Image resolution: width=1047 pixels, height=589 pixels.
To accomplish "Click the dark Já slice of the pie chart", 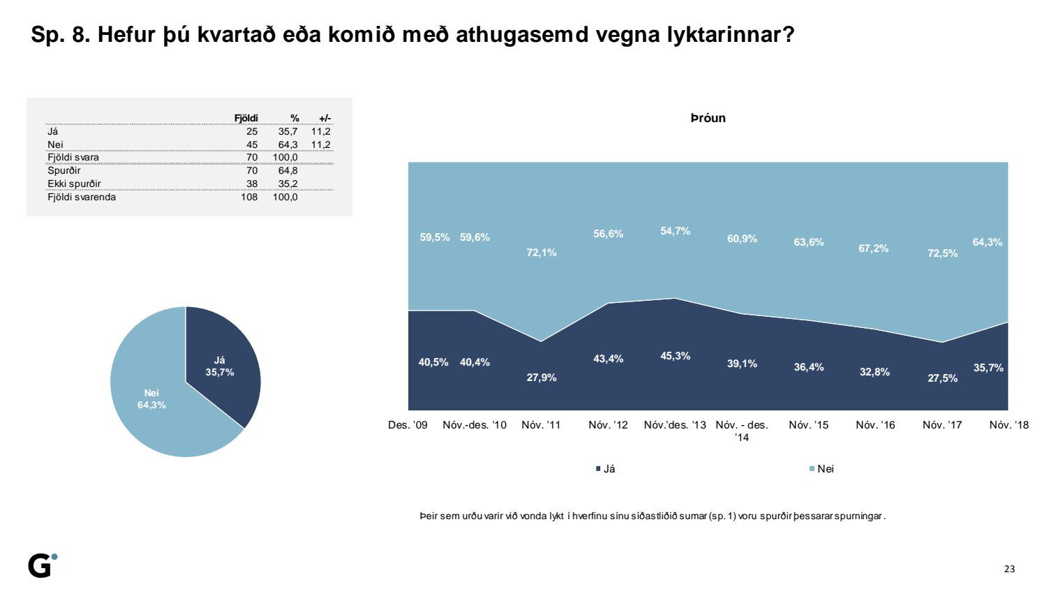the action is click(220, 364).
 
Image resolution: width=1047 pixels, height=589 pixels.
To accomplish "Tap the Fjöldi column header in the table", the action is click(246, 118).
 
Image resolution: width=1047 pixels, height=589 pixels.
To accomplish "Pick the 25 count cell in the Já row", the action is click(252, 131).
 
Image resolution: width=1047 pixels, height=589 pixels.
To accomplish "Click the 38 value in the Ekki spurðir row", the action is click(252, 184).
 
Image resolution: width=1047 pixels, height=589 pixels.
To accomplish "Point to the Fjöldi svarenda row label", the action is click(82, 197).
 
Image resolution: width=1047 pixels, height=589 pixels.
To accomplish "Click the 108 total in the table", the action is click(249, 197).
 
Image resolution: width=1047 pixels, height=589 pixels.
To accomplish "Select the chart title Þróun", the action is click(708, 118).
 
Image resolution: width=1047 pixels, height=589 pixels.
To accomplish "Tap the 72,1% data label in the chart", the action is click(541, 253).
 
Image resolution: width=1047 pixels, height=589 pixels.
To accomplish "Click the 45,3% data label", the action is click(675, 356).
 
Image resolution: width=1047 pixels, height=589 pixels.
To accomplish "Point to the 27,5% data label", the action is click(942, 378).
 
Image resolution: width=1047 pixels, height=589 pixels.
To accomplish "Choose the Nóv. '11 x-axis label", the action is click(541, 425).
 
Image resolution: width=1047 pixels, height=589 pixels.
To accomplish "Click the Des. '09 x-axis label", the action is click(408, 425).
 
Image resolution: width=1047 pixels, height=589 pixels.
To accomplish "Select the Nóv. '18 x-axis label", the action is click(1009, 425).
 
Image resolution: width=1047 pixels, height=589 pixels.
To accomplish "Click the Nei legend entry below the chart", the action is click(822, 469).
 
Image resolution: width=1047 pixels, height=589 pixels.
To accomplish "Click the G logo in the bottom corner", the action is click(43, 565).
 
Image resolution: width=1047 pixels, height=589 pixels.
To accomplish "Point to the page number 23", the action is click(1009, 569).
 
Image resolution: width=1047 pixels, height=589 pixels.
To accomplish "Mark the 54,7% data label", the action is click(675, 231).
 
